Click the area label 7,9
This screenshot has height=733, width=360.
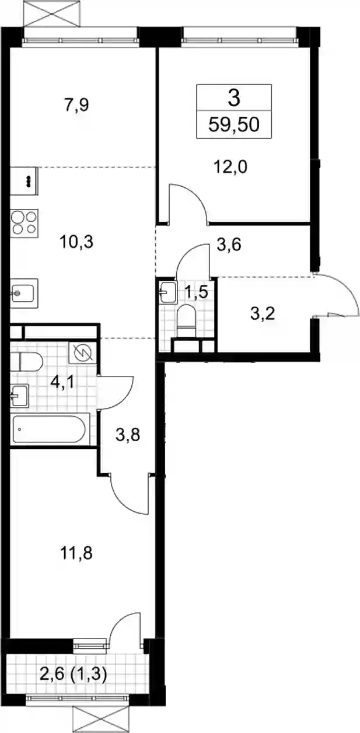click(x=76, y=106)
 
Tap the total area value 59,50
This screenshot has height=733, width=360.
click(x=234, y=125)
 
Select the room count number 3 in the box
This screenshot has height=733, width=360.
click(x=234, y=98)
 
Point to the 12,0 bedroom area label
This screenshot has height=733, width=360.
click(x=230, y=167)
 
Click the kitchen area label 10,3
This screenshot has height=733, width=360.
click(x=76, y=242)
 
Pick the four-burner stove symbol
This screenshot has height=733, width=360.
click(x=25, y=223)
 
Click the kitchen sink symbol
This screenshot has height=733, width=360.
click(x=24, y=293)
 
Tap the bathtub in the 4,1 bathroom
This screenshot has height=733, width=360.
click(x=50, y=429)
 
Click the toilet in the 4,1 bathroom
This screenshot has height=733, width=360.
click(x=26, y=362)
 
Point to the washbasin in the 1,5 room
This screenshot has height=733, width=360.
click(x=168, y=292)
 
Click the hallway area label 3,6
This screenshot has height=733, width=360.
click(x=229, y=245)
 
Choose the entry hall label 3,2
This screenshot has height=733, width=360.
click(x=263, y=314)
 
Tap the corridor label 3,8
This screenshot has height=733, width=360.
click(x=128, y=435)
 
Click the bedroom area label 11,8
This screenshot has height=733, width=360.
click(x=76, y=553)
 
